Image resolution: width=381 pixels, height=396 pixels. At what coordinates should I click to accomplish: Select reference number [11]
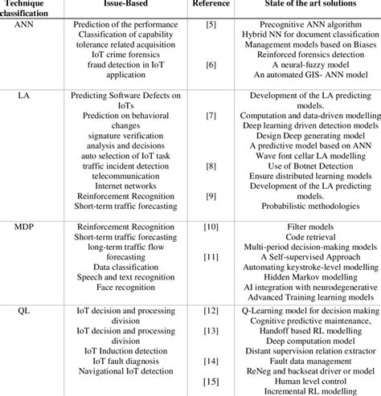(x=211, y=258)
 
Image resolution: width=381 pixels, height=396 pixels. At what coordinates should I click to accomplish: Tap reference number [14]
(x=211, y=361)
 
